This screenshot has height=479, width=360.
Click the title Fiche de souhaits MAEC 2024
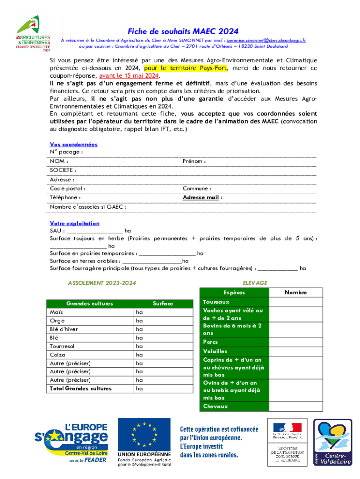coord(183,31)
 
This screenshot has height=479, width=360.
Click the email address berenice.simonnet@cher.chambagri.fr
coord(266,41)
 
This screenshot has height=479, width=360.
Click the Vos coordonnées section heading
coord(73,145)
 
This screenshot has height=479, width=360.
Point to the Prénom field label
coord(194,161)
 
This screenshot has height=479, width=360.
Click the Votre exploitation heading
coord(74,224)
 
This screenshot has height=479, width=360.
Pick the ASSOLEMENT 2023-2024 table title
coord(99,283)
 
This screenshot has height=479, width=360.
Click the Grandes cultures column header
coord(89,304)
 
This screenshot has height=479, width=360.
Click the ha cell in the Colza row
coord(139,355)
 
